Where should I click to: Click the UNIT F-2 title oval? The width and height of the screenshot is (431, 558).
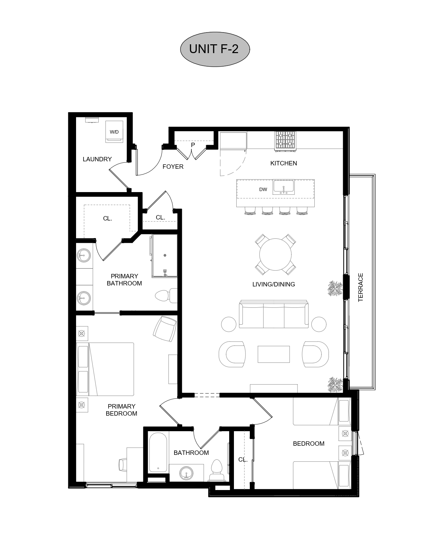pyautogui.click(x=215, y=49)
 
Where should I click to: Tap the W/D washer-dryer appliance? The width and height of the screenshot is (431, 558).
pyautogui.click(x=114, y=132)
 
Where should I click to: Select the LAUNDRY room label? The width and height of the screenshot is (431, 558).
pyautogui.click(x=97, y=159)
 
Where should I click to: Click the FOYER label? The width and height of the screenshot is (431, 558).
pyautogui.click(x=173, y=167)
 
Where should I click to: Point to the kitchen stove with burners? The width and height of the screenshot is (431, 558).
pyautogui.click(x=285, y=140)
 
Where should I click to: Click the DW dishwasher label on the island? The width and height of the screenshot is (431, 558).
pyautogui.click(x=263, y=189)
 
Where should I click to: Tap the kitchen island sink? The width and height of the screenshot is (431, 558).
pyautogui.click(x=283, y=187)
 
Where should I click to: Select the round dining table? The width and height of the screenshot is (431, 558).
pyautogui.click(x=276, y=254)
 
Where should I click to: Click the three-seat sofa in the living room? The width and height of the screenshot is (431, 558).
pyautogui.click(x=273, y=314)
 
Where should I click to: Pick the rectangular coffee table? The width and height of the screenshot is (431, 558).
pyautogui.click(x=273, y=354)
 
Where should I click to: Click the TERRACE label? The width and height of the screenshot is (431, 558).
pyautogui.click(x=361, y=287)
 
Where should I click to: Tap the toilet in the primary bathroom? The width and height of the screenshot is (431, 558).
pyautogui.click(x=166, y=296)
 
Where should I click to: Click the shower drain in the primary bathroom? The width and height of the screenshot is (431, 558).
pyautogui.click(x=165, y=255)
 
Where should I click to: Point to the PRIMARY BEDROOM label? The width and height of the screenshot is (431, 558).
pyautogui.click(x=121, y=410)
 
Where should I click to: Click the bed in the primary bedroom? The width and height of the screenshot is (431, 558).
pyautogui.click(x=105, y=369)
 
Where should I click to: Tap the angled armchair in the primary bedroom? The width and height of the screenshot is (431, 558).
pyautogui.click(x=165, y=329)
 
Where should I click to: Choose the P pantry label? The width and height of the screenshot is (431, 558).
pyautogui.click(x=193, y=145)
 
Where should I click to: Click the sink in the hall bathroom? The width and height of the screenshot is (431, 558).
pyautogui.click(x=186, y=473)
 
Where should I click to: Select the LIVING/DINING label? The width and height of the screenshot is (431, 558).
pyautogui.click(x=273, y=284)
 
